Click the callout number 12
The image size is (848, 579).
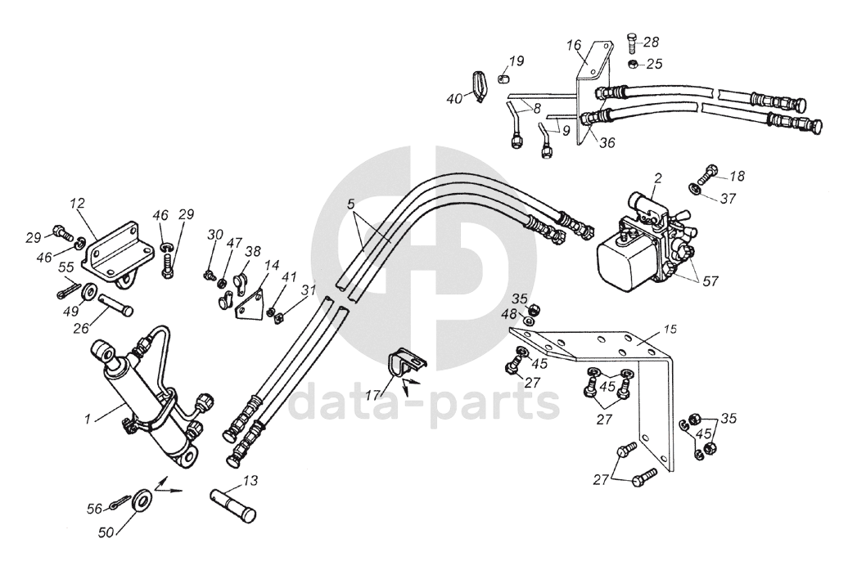[x=77, y=203]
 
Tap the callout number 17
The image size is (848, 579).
[x=372, y=394]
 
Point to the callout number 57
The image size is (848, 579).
[x=710, y=281]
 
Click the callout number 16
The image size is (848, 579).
[x=573, y=45]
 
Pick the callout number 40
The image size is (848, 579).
[x=454, y=99]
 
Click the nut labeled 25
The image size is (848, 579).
[x=632, y=64]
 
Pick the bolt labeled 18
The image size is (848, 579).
[x=707, y=173]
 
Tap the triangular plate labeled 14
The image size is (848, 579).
[x=249, y=306]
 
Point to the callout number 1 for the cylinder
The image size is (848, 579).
[x=87, y=418]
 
